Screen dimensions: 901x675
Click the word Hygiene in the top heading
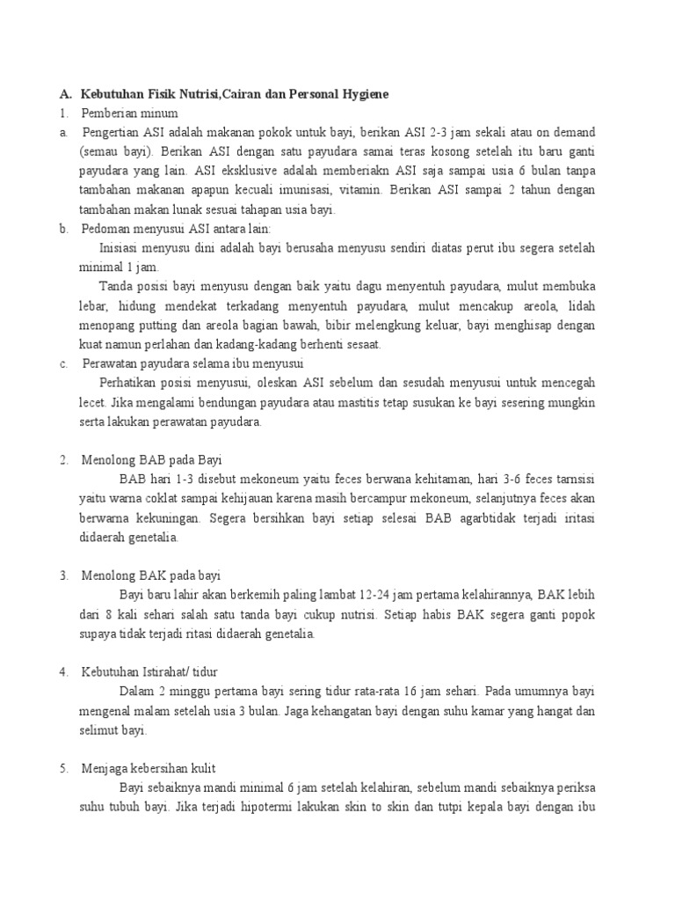(x=365, y=93)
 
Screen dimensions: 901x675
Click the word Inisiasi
(x=121, y=248)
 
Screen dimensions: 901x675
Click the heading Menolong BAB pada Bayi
(x=153, y=460)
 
